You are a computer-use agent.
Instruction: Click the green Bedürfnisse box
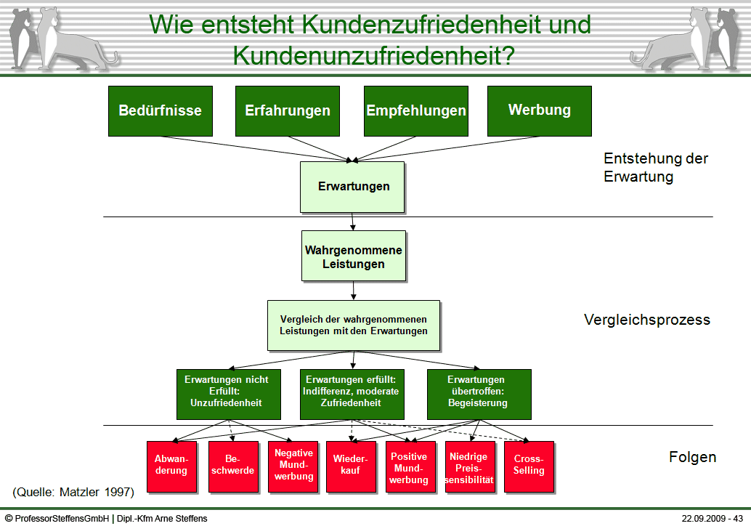click(160, 110)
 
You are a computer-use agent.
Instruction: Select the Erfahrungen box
click(288, 110)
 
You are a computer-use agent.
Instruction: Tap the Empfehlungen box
click(415, 110)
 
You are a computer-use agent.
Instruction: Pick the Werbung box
click(539, 110)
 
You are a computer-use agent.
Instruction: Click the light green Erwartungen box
click(352, 187)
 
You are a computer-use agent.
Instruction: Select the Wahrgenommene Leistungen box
click(353, 256)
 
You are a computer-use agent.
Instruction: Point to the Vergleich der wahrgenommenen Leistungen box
click(353, 325)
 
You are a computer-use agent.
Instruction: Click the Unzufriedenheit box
click(226, 394)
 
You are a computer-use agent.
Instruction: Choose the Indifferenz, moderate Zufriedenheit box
click(352, 394)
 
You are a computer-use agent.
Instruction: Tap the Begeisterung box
click(478, 394)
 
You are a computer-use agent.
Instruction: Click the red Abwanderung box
click(171, 466)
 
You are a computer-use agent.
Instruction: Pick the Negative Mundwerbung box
click(293, 466)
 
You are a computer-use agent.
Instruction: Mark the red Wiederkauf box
click(350, 466)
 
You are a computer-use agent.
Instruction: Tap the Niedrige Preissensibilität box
click(468, 466)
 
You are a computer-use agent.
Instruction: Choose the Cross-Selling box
click(528, 466)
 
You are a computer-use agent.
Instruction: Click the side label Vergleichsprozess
click(646, 320)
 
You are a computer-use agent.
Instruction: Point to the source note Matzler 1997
click(73, 492)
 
